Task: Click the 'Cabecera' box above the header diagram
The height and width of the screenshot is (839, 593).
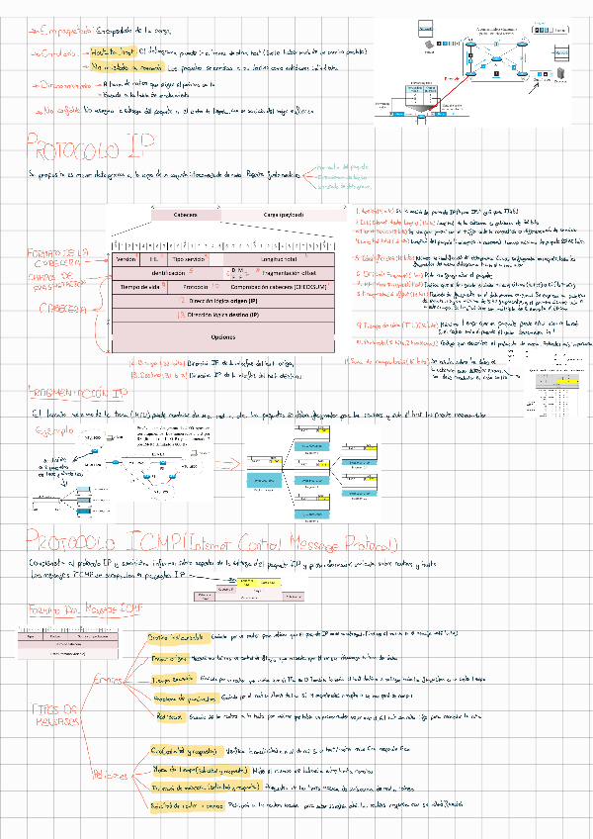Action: click(x=185, y=215)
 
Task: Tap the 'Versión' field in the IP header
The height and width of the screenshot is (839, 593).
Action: click(x=127, y=258)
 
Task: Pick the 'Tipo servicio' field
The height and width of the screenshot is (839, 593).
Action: click(x=188, y=258)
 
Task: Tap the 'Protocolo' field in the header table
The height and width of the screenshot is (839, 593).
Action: click(x=196, y=286)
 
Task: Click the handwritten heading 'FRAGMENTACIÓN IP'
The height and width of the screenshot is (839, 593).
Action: click(x=78, y=393)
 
